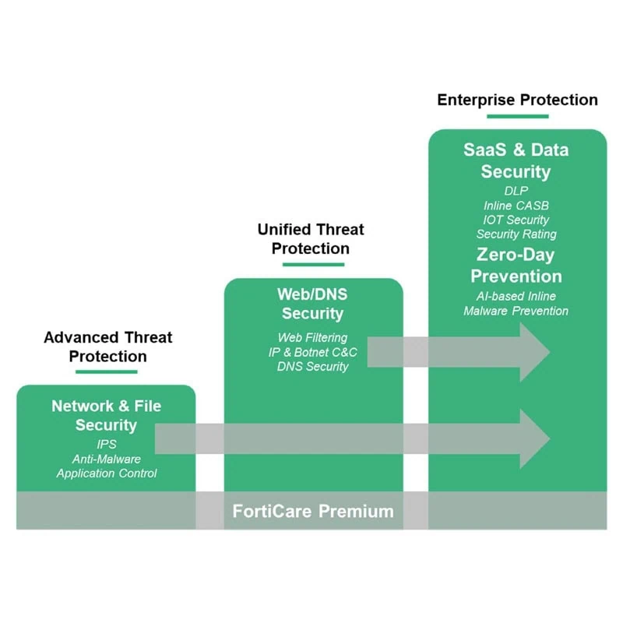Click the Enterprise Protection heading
(517, 100)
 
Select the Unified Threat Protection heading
(311, 239)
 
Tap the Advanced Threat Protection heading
(107, 347)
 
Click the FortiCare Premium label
(313, 511)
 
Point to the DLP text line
(516, 191)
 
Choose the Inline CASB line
(516, 206)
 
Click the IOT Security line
(516, 220)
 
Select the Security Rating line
(516, 234)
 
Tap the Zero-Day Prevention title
(516, 266)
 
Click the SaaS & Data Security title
(516, 160)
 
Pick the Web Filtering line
(312, 337)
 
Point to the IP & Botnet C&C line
(312, 352)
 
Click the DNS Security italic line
(312, 366)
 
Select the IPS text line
(107, 444)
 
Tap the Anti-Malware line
(107, 459)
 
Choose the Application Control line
(107, 473)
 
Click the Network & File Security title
(107, 415)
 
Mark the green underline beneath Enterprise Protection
(517, 116)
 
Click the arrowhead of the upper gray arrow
(535, 352)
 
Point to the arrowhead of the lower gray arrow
(535, 439)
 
